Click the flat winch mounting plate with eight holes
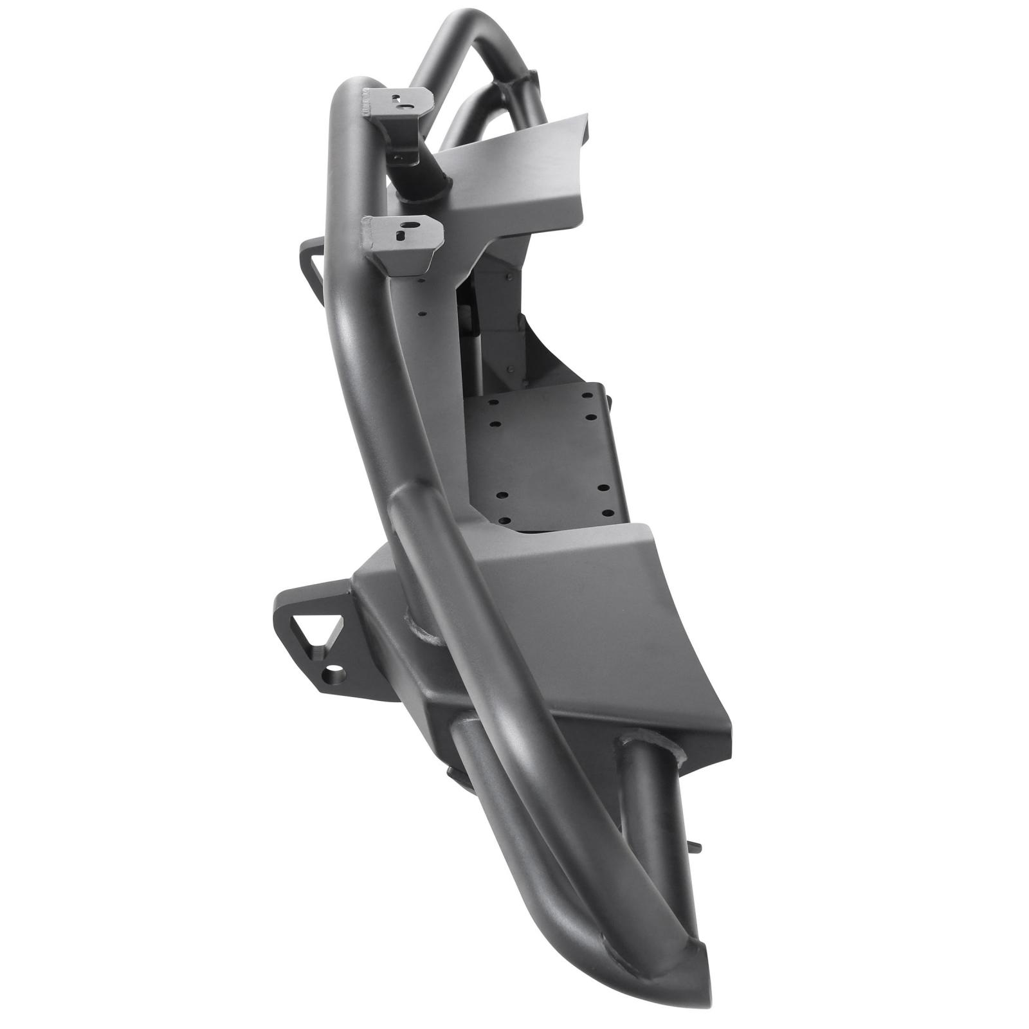pyautogui.click(x=540, y=463)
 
